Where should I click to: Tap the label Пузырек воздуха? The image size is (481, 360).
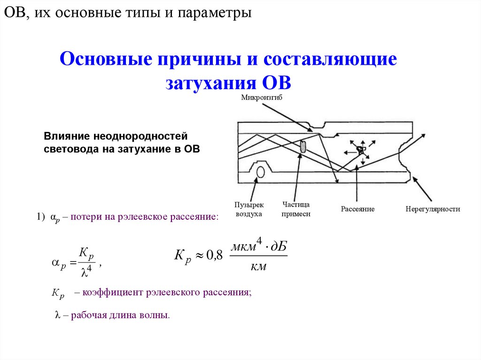point(249,209)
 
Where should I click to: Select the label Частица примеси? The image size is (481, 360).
point(296,209)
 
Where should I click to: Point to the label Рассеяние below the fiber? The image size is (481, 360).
point(357,209)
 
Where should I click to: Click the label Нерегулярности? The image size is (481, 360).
point(433,209)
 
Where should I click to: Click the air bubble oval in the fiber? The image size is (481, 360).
point(260,173)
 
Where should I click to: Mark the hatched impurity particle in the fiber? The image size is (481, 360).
point(303,146)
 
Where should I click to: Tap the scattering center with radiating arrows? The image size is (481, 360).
point(360,150)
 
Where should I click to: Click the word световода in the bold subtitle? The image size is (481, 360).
point(69,149)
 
